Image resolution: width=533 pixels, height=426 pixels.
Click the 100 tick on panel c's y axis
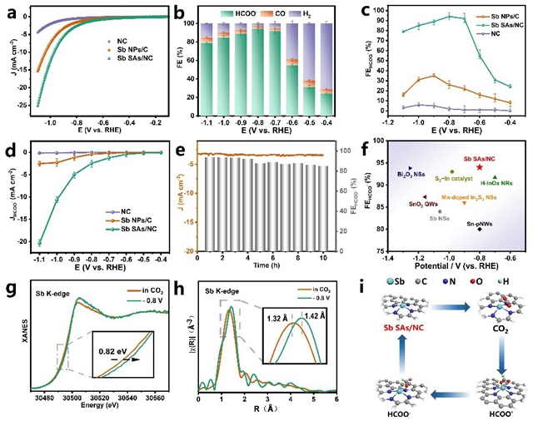tap(382, 12)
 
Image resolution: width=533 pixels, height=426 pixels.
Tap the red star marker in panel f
tap(480, 167)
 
